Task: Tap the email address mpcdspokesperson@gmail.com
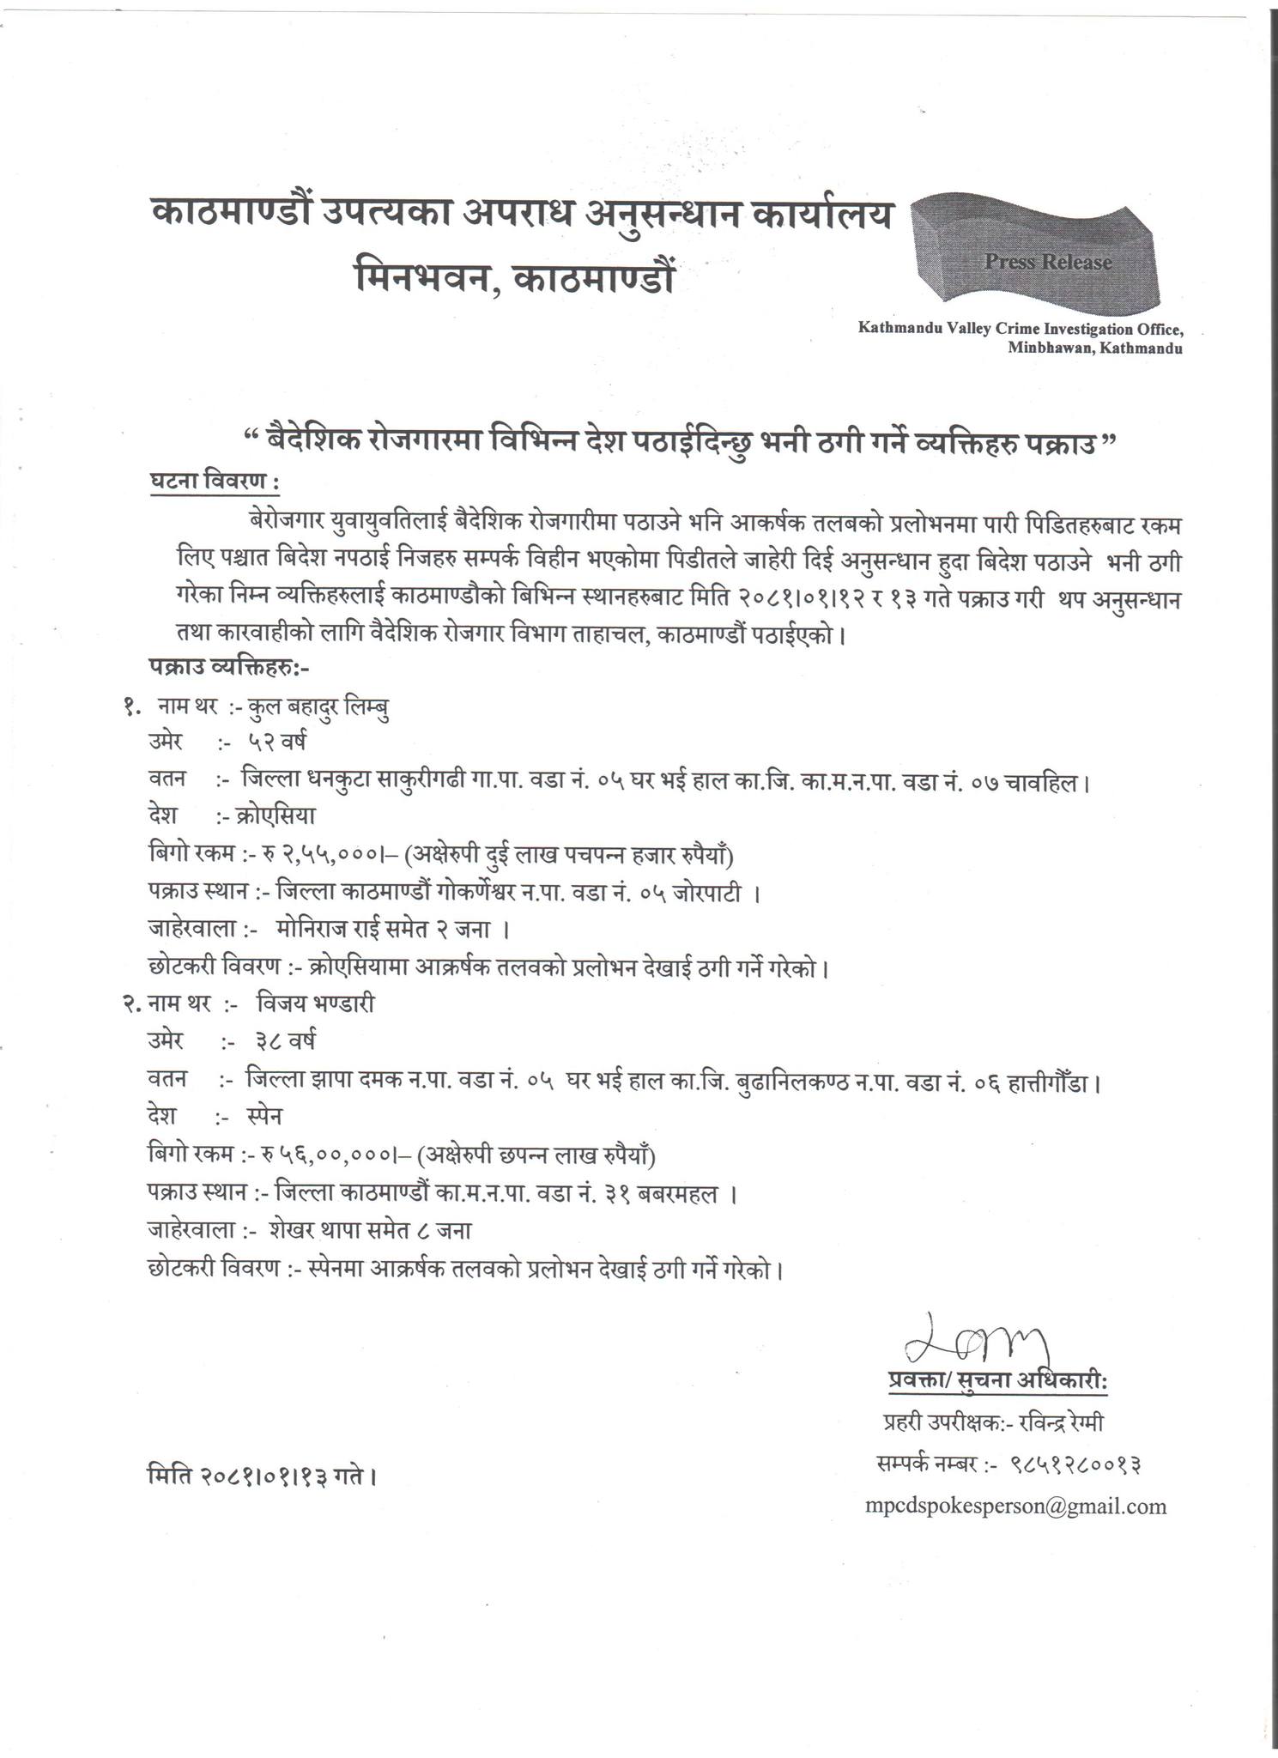[1015, 1506]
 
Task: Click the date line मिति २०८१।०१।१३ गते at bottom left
[263, 1476]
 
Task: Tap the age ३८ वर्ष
[285, 1041]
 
